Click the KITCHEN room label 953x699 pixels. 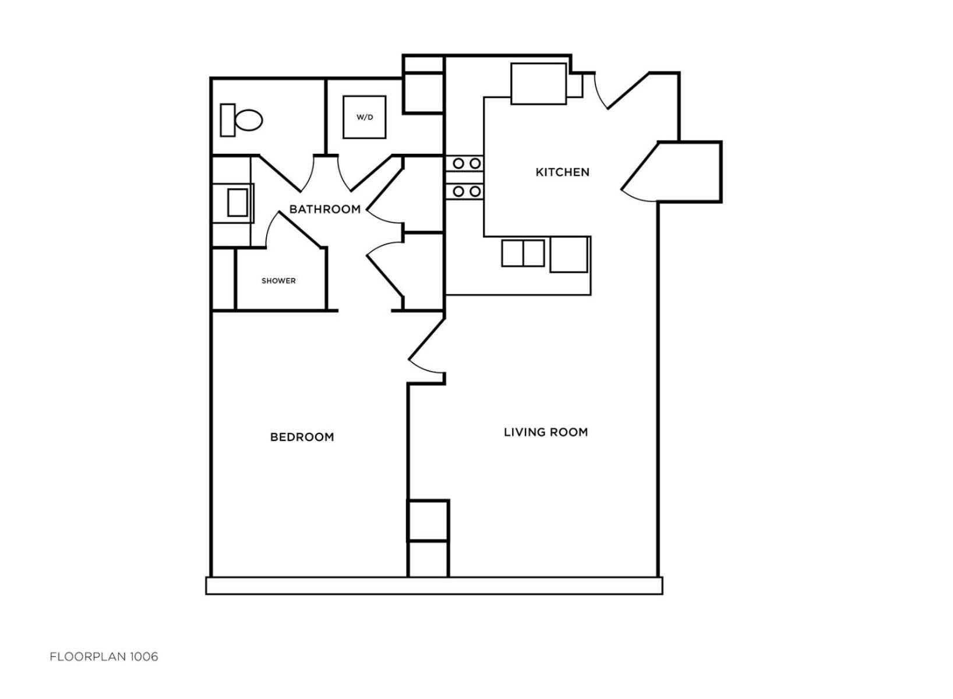coord(562,172)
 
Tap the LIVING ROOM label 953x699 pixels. coord(546,432)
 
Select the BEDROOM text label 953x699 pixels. coord(302,437)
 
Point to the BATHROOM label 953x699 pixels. coord(324,209)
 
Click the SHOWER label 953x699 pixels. coord(278,281)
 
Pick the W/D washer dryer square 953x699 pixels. coord(365,117)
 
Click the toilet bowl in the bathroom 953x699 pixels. coord(249,120)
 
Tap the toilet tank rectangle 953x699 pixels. coord(228,120)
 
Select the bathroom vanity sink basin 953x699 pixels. coord(238,203)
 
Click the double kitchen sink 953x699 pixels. coord(523,253)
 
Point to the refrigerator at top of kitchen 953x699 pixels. coord(539,84)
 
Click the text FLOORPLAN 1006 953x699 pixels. coord(104,657)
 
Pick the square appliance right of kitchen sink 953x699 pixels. coord(569,255)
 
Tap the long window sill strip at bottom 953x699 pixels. coord(434,586)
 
